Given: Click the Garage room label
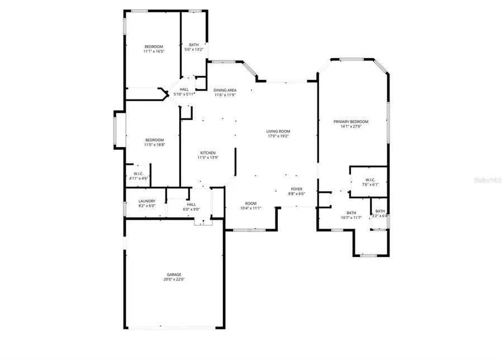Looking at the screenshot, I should click(174, 274).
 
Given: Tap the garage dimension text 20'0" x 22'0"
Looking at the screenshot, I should click(174, 280).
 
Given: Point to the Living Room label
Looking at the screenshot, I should click(278, 131).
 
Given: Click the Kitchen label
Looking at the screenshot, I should click(208, 153).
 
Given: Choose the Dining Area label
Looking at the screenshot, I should click(225, 90).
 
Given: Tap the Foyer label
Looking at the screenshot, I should click(296, 190).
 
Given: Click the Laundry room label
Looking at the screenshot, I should click(147, 201).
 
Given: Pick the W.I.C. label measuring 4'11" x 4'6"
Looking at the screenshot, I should click(139, 174).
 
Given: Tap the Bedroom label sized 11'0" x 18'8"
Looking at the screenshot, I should click(154, 140).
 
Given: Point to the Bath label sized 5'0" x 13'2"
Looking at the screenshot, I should click(193, 45).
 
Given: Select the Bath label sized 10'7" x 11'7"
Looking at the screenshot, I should click(351, 212).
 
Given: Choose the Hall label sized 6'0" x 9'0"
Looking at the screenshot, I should click(191, 205).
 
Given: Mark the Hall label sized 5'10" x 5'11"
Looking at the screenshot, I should click(184, 89).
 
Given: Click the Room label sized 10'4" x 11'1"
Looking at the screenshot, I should click(251, 203).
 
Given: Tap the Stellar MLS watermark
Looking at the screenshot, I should click(488, 180).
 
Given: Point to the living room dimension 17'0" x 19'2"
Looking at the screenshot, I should click(278, 136).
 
